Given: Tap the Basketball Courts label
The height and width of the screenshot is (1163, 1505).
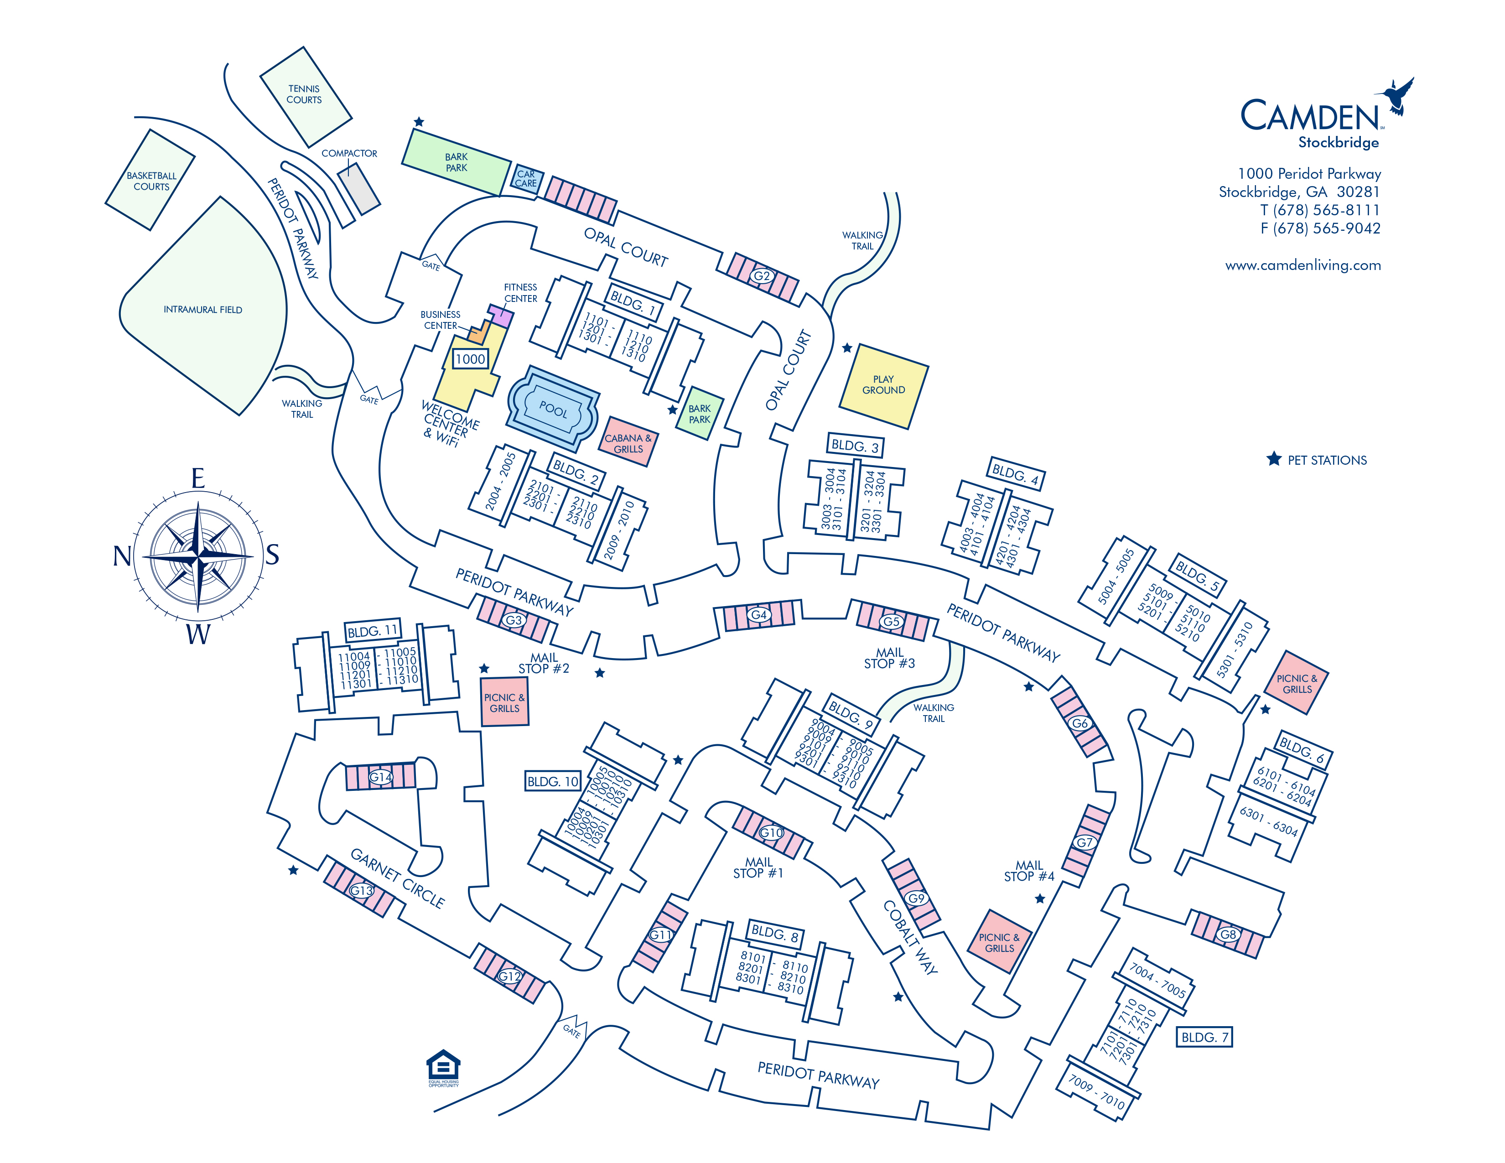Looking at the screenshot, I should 151,181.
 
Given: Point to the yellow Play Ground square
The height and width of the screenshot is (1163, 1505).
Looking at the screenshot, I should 883,385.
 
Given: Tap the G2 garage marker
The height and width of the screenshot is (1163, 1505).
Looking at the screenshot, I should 762,275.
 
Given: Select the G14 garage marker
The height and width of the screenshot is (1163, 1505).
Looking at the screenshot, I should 380,777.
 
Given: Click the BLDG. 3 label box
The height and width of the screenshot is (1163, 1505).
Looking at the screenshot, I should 855,446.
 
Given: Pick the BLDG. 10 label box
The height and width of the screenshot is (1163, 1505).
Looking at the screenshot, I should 553,781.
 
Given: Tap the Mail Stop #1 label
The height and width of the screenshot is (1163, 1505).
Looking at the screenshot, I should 758,867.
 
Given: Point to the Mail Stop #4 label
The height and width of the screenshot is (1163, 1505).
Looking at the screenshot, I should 1029,871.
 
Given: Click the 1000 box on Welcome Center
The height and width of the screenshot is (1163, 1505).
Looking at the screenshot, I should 470,359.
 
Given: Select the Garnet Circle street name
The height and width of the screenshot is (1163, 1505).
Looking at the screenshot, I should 398,878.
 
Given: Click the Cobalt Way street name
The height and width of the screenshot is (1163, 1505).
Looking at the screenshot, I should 910,937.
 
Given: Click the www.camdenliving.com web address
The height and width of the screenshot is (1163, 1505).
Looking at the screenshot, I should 1303,265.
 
